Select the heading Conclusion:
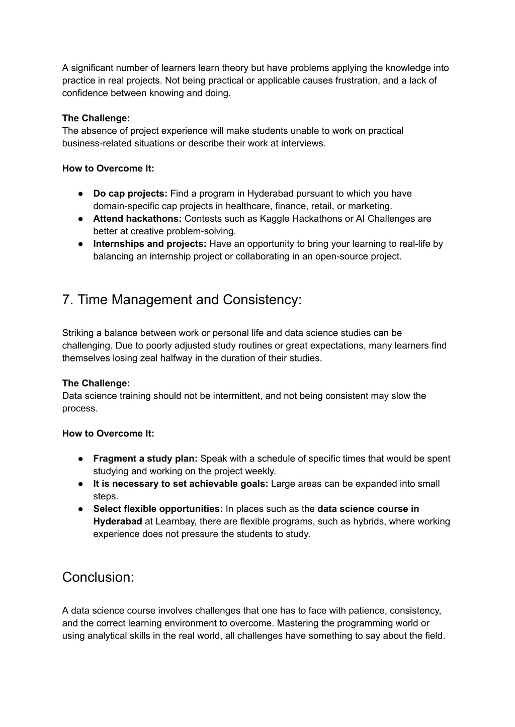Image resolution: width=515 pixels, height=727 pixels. [x=98, y=577]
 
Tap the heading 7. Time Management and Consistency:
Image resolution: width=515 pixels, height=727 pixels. [x=182, y=300]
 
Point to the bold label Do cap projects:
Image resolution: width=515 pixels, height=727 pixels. [x=130, y=194]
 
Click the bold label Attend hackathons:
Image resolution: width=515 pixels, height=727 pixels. [x=137, y=219]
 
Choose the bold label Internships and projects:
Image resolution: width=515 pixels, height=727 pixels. [x=150, y=244]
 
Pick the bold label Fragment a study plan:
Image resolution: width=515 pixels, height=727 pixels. [x=145, y=459]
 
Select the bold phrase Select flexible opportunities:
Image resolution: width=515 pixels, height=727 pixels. [x=158, y=509]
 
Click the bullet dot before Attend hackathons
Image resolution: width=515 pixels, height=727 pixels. [x=80, y=219]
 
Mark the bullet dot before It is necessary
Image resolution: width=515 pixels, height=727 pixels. [x=80, y=484]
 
